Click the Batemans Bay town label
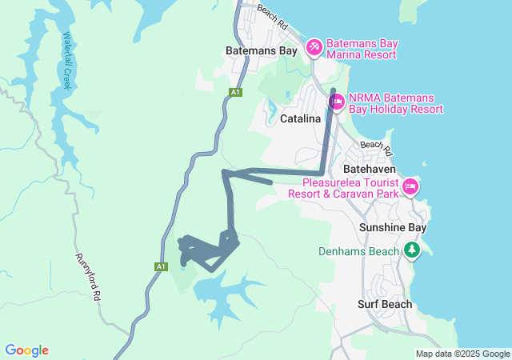(261, 50)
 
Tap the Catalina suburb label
(301, 118)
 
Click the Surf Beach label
(385, 304)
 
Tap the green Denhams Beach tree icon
(412, 251)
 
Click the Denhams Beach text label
(358, 251)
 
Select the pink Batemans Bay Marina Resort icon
(314, 48)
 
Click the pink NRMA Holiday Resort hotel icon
(337, 102)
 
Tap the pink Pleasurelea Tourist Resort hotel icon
(410, 186)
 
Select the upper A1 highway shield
(235, 93)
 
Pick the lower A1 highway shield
(162, 266)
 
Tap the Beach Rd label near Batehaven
(377, 148)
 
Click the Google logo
(26, 350)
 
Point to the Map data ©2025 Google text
(462, 354)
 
